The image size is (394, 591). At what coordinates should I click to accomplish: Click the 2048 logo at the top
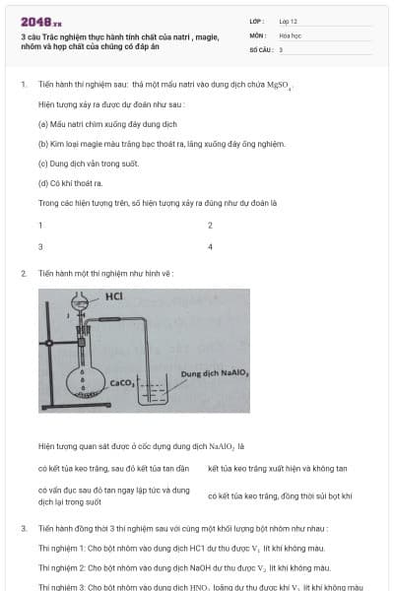(x=40, y=21)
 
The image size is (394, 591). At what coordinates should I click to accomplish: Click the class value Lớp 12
(x=288, y=20)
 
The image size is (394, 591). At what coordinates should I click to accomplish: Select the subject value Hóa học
(x=290, y=34)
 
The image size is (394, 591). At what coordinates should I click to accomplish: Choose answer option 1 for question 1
(x=40, y=226)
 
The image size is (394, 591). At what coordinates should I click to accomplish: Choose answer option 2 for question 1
(x=210, y=226)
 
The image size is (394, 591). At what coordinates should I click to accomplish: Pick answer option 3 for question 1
(x=40, y=246)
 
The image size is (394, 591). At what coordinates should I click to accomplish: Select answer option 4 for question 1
(x=210, y=246)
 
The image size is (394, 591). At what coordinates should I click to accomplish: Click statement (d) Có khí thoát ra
(x=70, y=183)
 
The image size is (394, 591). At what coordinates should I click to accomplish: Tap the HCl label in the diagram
(x=113, y=295)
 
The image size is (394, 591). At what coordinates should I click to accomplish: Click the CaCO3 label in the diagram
(x=123, y=382)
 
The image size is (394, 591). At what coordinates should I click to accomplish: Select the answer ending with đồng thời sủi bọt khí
(x=280, y=496)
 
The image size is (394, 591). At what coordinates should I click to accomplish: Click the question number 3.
(x=23, y=529)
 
